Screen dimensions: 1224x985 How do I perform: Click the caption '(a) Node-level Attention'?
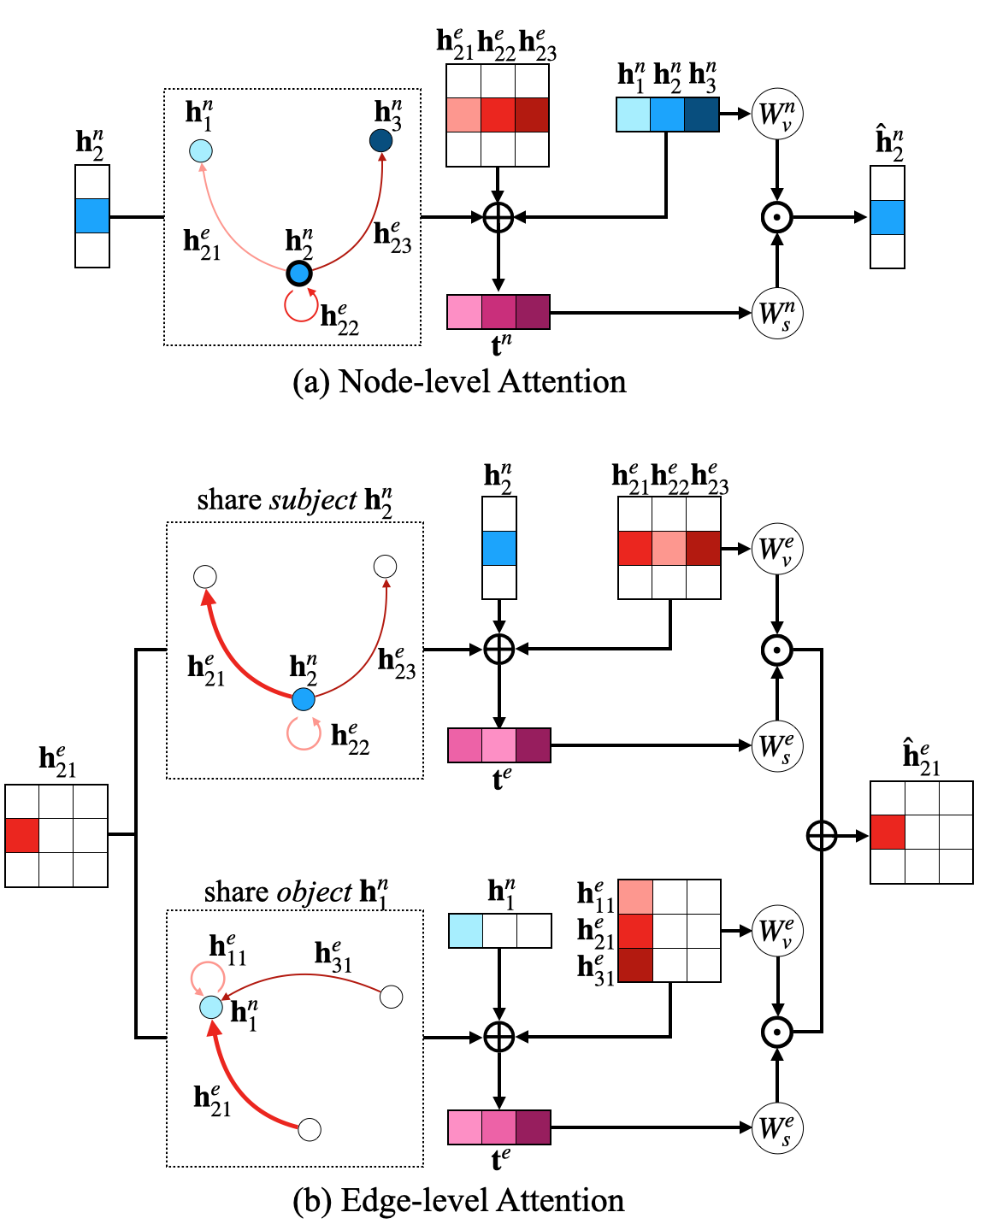[x=459, y=381]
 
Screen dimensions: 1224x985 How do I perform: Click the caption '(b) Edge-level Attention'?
[x=458, y=1200]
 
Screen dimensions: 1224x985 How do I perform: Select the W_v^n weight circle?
[x=777, y=114]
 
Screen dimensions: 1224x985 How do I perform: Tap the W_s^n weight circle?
[x=777, y=314]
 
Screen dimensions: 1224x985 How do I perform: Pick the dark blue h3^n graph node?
[x=381, y=140]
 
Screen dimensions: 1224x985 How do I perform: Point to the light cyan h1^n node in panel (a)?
[x=201, y=151]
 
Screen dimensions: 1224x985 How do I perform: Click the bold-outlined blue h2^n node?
[x=298, y=274]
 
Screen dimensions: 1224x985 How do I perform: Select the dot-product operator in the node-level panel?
[x=777, y=218]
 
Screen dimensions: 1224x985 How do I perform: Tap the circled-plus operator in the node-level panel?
[x=498, y=218]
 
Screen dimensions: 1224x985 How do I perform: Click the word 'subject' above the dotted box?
[x=313, y=499]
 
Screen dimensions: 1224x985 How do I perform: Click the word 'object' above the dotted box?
[x=314, y=892]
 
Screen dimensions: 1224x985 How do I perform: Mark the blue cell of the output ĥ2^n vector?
[x=888, y=218]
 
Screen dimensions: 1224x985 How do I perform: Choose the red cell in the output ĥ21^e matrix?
[x=888, y=832]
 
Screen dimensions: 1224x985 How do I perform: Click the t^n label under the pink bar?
[x=502, y=344]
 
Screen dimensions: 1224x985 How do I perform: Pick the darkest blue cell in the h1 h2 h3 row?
[x=702, y=115]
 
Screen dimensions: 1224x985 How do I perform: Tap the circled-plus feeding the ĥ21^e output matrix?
[x=822, y=835]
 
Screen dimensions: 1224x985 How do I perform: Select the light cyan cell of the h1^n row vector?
[x=466, y=931]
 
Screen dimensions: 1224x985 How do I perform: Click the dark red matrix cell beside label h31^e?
[x=635, y=965]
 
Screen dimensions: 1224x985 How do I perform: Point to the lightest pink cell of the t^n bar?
[x=464, y=313]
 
